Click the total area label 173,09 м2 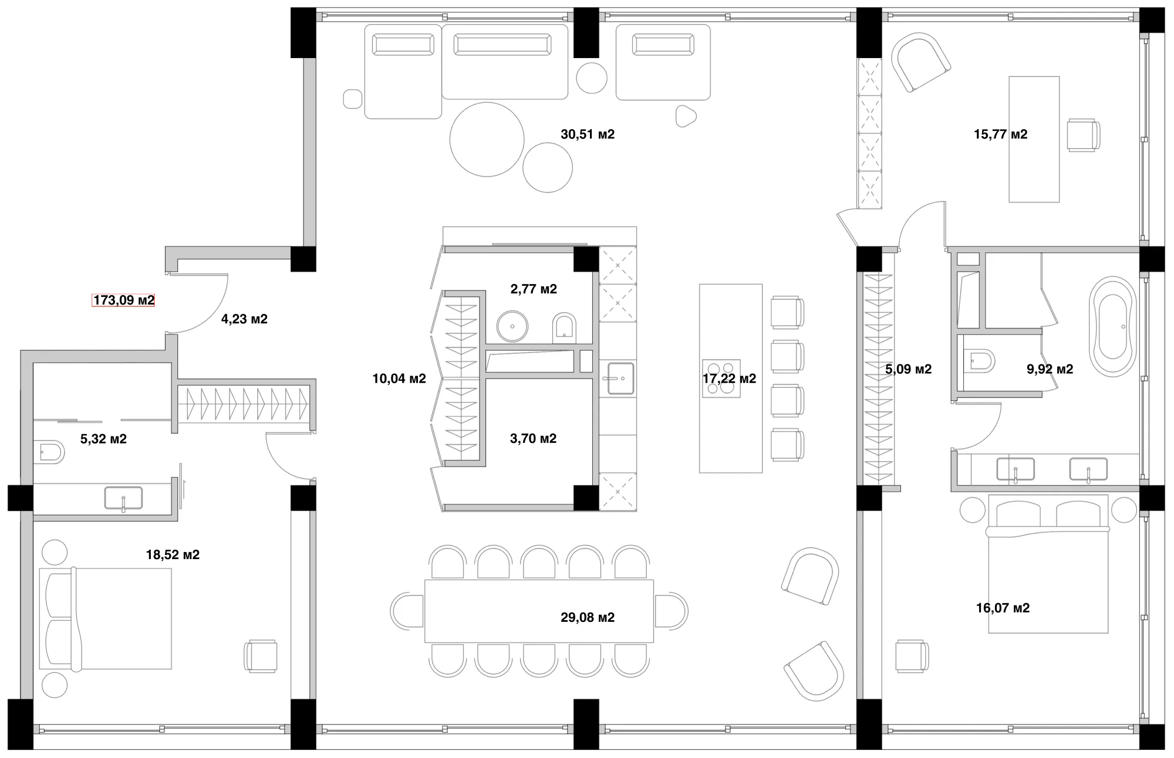pos(124,300)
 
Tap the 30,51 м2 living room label pos(588,134)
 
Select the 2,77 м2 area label pos(534,289)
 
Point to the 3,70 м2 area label pos(534,438)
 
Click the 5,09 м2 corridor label pos(908,369)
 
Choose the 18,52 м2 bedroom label pos(173,554)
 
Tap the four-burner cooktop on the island pos(721,378)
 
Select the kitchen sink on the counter pos(618,378)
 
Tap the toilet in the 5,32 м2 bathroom pos(49,452)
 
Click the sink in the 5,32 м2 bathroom pos(123,498)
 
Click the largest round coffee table pos(487,139)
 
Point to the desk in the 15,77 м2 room pos(1034,139)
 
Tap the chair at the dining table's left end pos(407,611)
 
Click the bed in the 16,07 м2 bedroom pos(1048,564)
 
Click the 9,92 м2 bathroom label pos(1050,369)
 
